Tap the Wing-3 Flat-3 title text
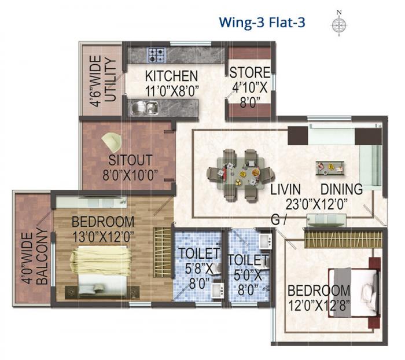click(x=262, y=23)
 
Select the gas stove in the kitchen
click(x=156, y=55)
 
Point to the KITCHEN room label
click(x=171, y=76)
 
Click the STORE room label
click(x=250, y=72)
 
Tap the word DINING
click(x=342, y=189)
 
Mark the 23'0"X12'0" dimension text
click(x=323, y=204)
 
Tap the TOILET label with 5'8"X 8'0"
click(x=198, y=253)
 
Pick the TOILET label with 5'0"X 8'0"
click(x=248, y=260)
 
